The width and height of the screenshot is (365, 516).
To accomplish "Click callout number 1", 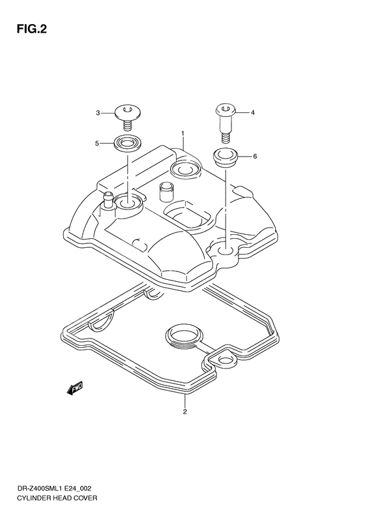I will [183, 134].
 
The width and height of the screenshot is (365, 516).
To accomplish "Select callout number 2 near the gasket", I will [184, 412].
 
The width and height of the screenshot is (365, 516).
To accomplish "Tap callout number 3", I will [98, 113].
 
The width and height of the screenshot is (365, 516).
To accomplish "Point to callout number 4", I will [253, 113].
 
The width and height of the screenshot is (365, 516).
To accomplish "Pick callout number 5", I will [97, 143].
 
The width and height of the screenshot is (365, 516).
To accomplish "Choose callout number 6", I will [255, 157].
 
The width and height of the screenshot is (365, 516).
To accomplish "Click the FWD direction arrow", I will [74, 388].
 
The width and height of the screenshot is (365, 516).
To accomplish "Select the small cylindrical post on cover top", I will [165, 192].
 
